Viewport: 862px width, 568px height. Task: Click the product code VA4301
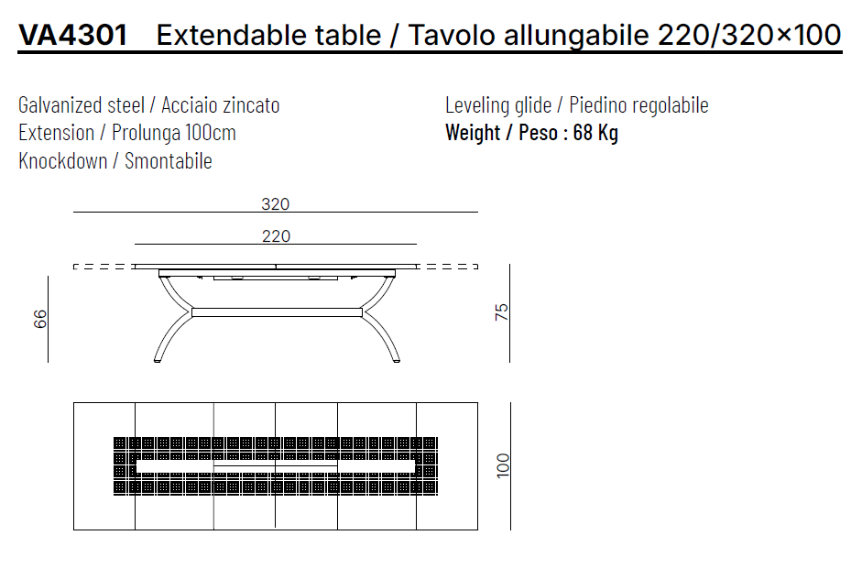[x=73, y=35]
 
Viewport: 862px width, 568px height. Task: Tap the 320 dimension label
[x=276, y=204]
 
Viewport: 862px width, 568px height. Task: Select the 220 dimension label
[x=276, y=235]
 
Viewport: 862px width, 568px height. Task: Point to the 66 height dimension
[x=40, y=319]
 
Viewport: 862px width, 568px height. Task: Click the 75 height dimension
[x=501, y=311]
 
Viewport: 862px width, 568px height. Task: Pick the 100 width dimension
[x=503, y=465]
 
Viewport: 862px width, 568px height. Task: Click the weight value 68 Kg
[x=595, y=133]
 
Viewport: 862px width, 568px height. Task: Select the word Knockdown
[x=62, y=161]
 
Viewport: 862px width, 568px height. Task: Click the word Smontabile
[x=169, y=161]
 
